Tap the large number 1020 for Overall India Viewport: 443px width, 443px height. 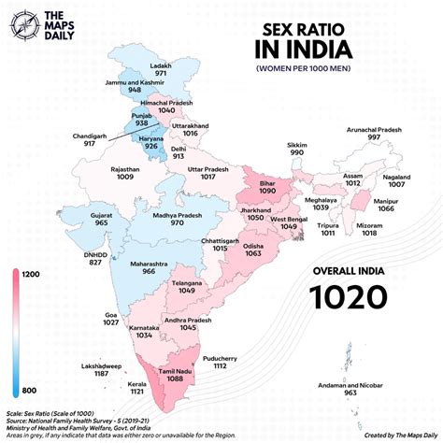349,296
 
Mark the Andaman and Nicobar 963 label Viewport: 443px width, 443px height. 350,389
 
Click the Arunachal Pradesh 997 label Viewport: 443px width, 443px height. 374,134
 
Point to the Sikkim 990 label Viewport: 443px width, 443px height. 296,150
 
